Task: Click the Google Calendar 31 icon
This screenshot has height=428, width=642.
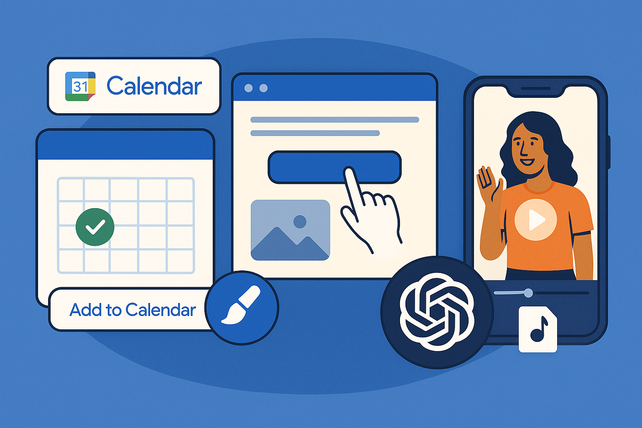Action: [x=80, y=86]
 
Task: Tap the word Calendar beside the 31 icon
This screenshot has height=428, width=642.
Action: [x=154, y=86]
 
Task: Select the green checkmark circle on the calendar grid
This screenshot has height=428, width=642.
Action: [x=95, y=227]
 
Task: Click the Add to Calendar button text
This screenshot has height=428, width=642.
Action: [x=132, y=310]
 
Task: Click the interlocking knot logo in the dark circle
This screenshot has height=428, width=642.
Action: [x=437, y=312]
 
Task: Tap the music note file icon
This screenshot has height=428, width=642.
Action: [x=538, y=329]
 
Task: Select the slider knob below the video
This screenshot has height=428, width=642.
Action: [x=528, y=293]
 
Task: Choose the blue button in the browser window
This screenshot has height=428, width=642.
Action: [x=334, y=167]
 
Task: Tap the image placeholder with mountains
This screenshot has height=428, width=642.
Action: [x=290, y=230]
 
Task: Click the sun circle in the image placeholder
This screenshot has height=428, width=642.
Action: [x=300, y=222]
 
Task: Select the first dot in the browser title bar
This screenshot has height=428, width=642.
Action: [x=249, y=88]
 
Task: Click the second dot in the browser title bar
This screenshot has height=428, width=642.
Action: [x=263, y=88]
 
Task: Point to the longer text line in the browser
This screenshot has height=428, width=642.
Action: [x=335, y=120]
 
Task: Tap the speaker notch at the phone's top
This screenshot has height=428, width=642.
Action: [x=536, y=89]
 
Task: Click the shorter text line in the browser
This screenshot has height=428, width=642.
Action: [x=315, y=133]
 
